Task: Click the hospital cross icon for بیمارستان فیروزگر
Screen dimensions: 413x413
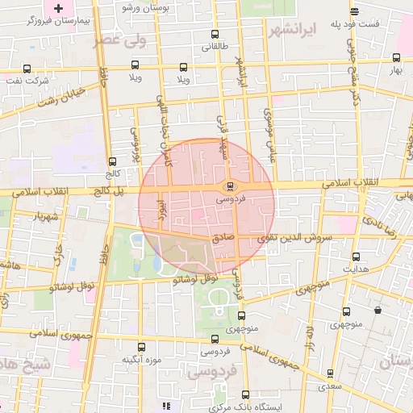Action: [x=57, y=7]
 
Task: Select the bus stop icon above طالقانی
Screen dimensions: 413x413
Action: [x=214, y=35]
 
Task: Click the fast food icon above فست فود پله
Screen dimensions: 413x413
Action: [x=355, y=11]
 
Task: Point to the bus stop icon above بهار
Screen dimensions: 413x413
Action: [x=395, y=58]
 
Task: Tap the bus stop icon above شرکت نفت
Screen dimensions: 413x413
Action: [x=28, y=69]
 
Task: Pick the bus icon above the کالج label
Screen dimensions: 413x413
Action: [x=111, y=161]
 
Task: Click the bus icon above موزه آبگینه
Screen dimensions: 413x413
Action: [x=141, y=347]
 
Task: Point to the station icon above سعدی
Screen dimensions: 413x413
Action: [x=329, y=373]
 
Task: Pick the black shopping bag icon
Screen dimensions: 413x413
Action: [x=378, y=310]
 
